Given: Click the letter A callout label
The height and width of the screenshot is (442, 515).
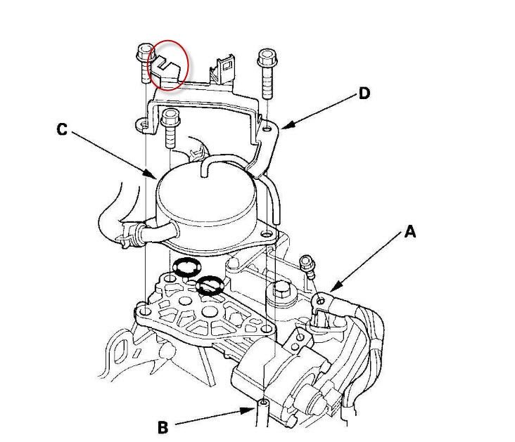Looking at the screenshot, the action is (410, 232).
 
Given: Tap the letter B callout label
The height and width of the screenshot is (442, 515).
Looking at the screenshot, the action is (163, 427).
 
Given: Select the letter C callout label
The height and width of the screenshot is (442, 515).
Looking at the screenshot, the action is (62, 129).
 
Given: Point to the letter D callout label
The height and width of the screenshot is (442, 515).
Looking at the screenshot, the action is (364, 93).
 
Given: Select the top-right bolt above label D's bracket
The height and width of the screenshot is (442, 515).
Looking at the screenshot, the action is (267, 74).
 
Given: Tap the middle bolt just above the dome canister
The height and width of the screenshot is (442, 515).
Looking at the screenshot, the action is (170, 129).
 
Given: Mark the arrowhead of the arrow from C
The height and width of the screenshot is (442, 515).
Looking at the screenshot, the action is (152, 174).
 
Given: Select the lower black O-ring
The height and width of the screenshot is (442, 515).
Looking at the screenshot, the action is (210, 285).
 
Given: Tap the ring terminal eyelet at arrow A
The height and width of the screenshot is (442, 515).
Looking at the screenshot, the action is (321, 300).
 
